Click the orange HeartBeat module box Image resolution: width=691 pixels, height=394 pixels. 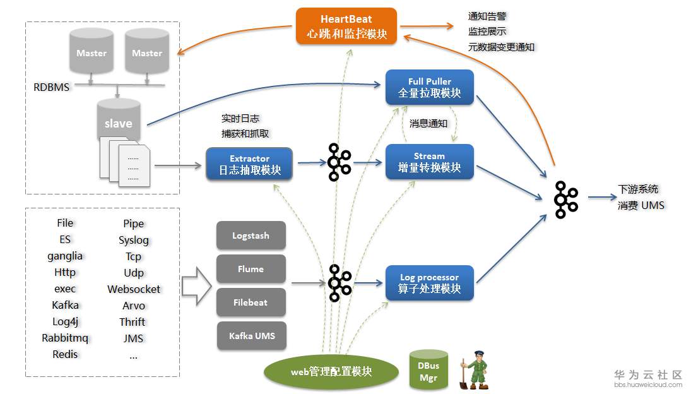click(346, 26)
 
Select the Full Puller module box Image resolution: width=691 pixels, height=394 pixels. click(430, 87)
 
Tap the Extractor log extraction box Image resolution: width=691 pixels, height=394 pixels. click(249, 164)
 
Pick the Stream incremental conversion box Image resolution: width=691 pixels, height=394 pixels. click(430, 162)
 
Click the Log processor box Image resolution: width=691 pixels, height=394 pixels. click(430, 283)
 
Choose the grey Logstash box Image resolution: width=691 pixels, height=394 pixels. click(251, 236)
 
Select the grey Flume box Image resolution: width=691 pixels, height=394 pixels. click(251, 269)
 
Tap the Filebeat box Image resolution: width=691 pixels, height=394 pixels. click(251, 302)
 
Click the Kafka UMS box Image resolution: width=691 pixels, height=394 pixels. click(252, 336)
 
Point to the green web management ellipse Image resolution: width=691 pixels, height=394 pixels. click(331, 372)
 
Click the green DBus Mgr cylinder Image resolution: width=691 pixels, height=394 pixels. click(428, 370)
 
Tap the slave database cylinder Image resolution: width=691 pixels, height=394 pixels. click(119, 119)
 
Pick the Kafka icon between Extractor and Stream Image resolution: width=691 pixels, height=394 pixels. click(339, 162)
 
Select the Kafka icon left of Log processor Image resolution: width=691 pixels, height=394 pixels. click(340, 283)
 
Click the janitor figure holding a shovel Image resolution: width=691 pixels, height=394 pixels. click(475, 370)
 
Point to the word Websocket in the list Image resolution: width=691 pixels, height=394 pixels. click(134, 289)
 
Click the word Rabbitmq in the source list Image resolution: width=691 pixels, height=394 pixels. click(65, 338)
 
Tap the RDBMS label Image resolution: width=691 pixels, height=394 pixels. click(52, 87)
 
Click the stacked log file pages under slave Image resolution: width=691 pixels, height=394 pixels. click(125, 162)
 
